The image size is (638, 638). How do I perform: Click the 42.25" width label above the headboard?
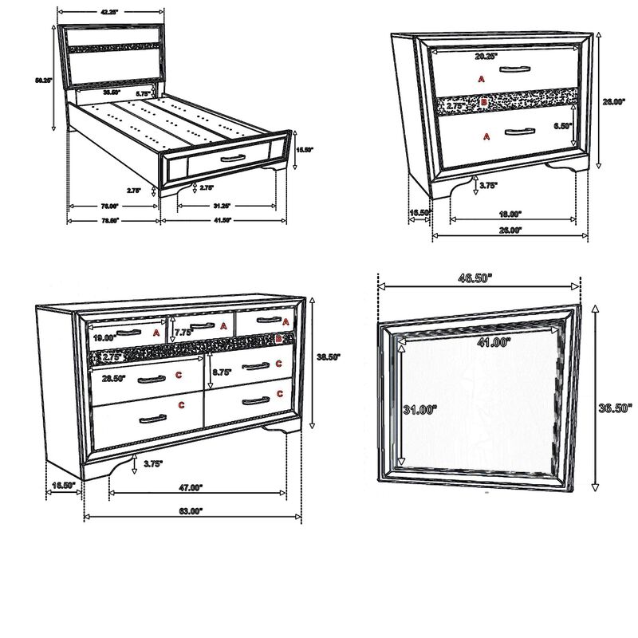(110, 11)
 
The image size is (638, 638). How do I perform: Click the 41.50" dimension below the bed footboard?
(220, 220)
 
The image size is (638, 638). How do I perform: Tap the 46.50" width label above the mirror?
(475, 278)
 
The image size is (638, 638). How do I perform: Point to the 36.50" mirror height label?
(615, 408)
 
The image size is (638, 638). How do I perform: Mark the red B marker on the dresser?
(278, 339)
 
